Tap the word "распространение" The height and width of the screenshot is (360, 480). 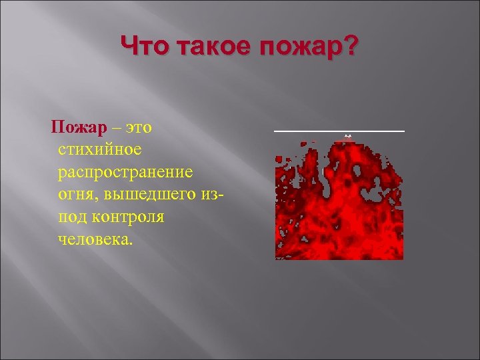(x=125, y=172)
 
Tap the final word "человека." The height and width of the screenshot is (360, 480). (x=95, y=239)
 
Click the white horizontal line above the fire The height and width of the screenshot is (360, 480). (x=339, y=131)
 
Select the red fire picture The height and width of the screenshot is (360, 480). (x=339, y=200)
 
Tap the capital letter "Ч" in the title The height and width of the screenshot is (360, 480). (x=129, y=47)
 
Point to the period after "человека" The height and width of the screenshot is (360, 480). (x=131, y=243)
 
